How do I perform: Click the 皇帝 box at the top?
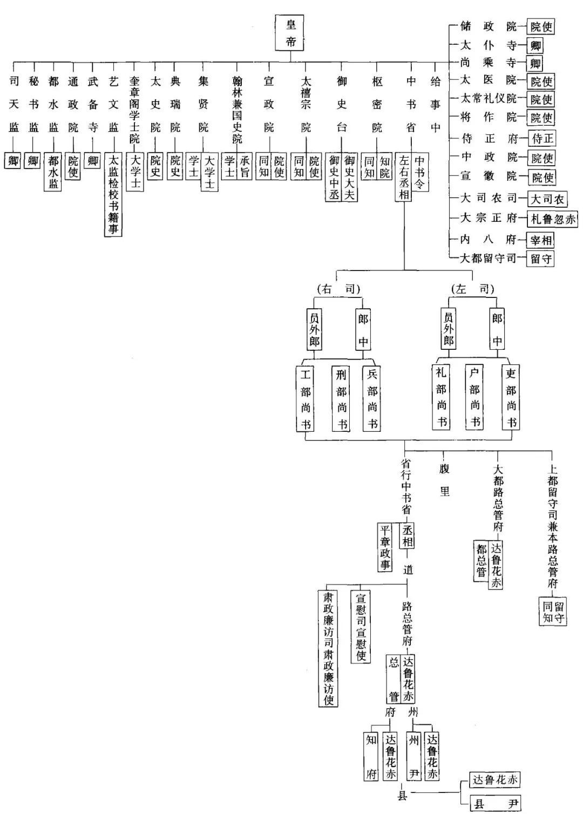(x=289, y=33)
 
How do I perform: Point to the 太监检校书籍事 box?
(x=113, y=194)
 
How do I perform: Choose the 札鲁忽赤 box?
(x=553, y=219)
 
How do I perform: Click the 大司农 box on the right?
(x=547, y=199)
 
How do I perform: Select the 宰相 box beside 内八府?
(x=541, y=240)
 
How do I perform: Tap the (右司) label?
(x=338, y=289)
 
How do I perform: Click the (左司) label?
(x=472, y=289)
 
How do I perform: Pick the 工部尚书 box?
(x=306, y=398)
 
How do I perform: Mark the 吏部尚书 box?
(x=511, y=397)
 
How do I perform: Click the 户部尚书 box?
(x=474, y=397)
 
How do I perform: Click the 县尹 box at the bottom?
(x=495, y=803)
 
